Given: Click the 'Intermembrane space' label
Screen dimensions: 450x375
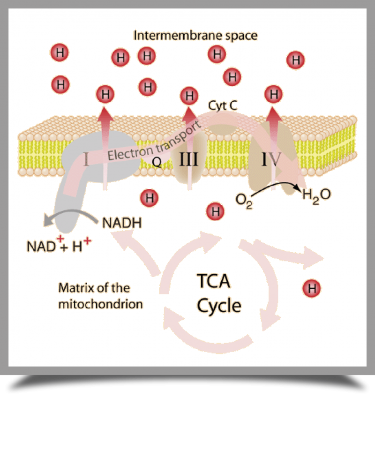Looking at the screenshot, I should tap(195, 36).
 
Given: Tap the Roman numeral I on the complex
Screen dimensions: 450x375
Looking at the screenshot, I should tap(86, 160).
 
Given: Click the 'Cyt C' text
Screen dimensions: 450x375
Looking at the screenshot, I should tap(223, 106).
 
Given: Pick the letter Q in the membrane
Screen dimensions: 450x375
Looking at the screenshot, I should tap(157, 162).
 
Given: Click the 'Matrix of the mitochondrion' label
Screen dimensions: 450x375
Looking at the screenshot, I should tap(100, 296).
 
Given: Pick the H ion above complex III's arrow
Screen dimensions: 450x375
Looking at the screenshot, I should tap(189, 97).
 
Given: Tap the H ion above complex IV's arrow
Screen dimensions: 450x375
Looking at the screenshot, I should tap(273, 95).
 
